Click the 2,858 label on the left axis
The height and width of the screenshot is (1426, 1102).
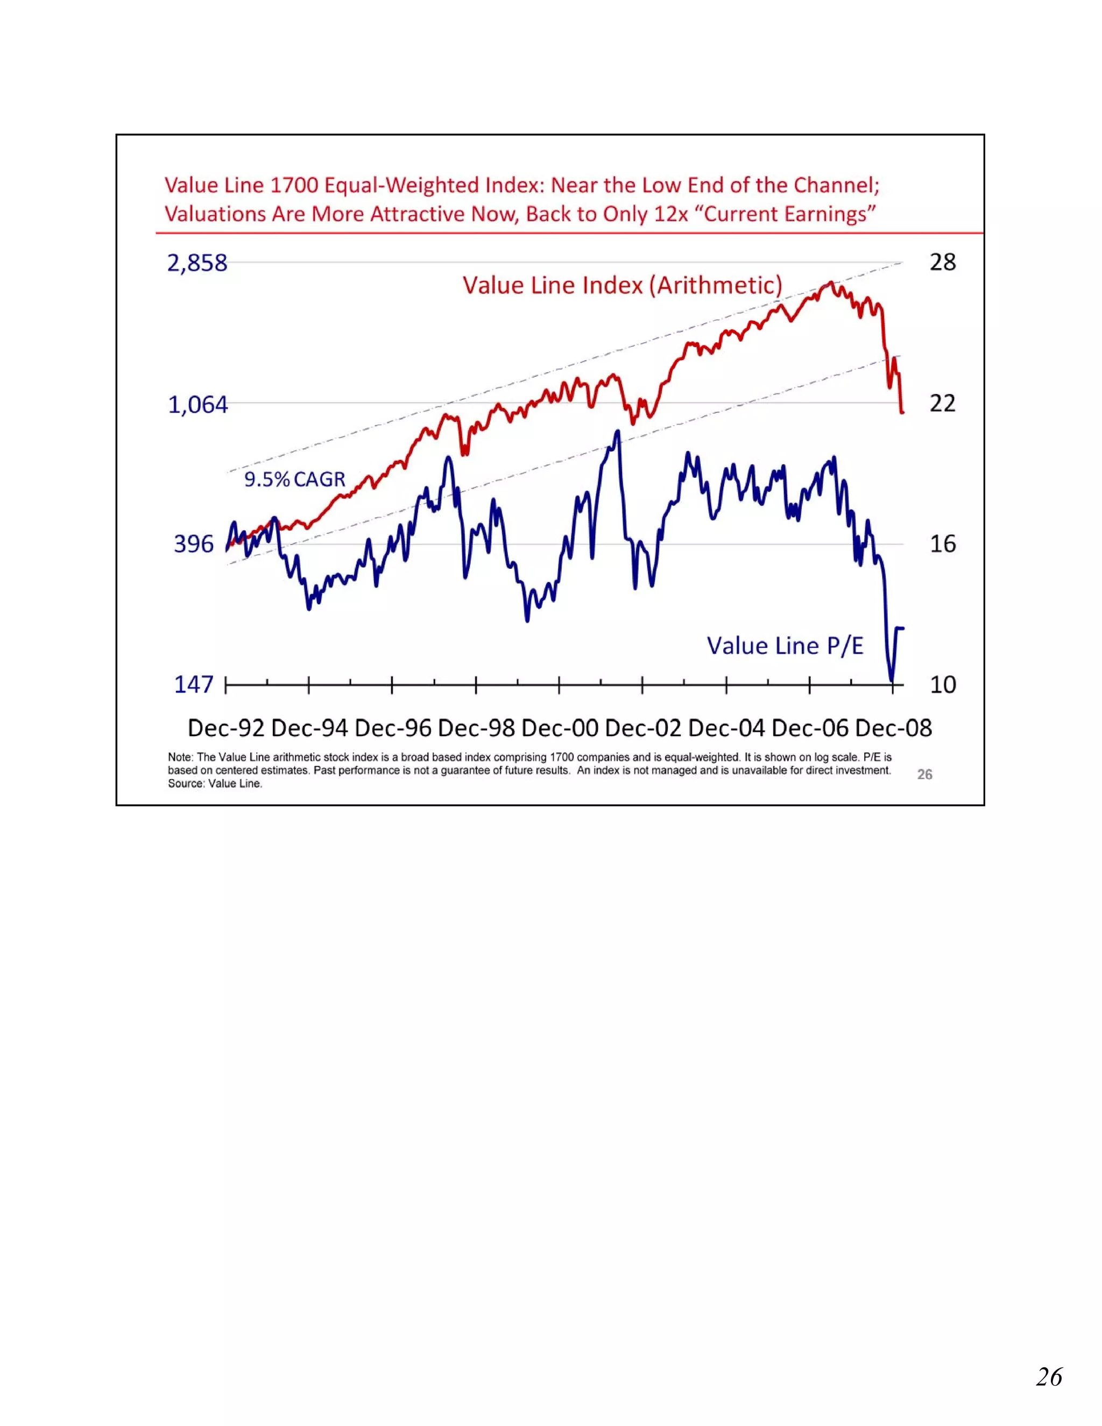[196, 263]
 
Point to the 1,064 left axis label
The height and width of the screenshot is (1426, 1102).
[198, 405]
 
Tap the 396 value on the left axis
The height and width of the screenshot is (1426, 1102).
[193, 544]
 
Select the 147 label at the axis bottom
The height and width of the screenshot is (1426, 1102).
[193, 684]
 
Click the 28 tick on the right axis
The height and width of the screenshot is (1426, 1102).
[942, 263]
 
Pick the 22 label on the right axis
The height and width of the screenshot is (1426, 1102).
[942, 404]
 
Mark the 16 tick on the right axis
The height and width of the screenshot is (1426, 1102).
[942, 544]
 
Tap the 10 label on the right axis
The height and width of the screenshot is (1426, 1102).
[942, 685]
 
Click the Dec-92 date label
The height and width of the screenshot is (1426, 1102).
[226, 728]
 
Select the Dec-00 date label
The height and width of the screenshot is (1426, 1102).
[560, 728]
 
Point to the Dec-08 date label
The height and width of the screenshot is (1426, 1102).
[893, 728]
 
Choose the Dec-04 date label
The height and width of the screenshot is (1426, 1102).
[726, 728]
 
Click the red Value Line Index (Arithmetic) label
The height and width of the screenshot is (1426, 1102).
[622, 285]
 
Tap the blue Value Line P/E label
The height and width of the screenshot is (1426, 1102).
[785, 646]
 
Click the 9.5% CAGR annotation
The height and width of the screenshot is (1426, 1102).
[294, 479]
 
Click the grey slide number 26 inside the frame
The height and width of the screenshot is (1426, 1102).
[924, 774]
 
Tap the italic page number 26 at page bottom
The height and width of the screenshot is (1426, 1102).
[1049, 1376]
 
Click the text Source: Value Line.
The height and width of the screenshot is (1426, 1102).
[215, 783]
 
